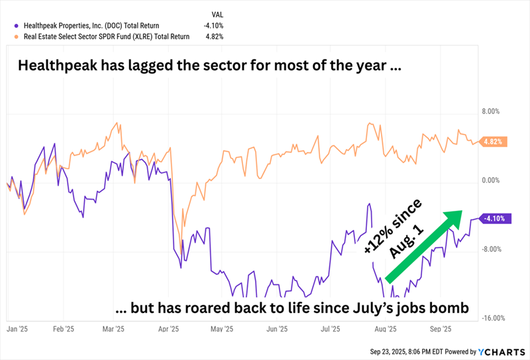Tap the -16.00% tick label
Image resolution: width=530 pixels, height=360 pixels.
(494, 318)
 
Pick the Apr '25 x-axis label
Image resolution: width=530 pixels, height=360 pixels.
(170, 328)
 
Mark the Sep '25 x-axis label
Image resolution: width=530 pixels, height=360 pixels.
(441, 328)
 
